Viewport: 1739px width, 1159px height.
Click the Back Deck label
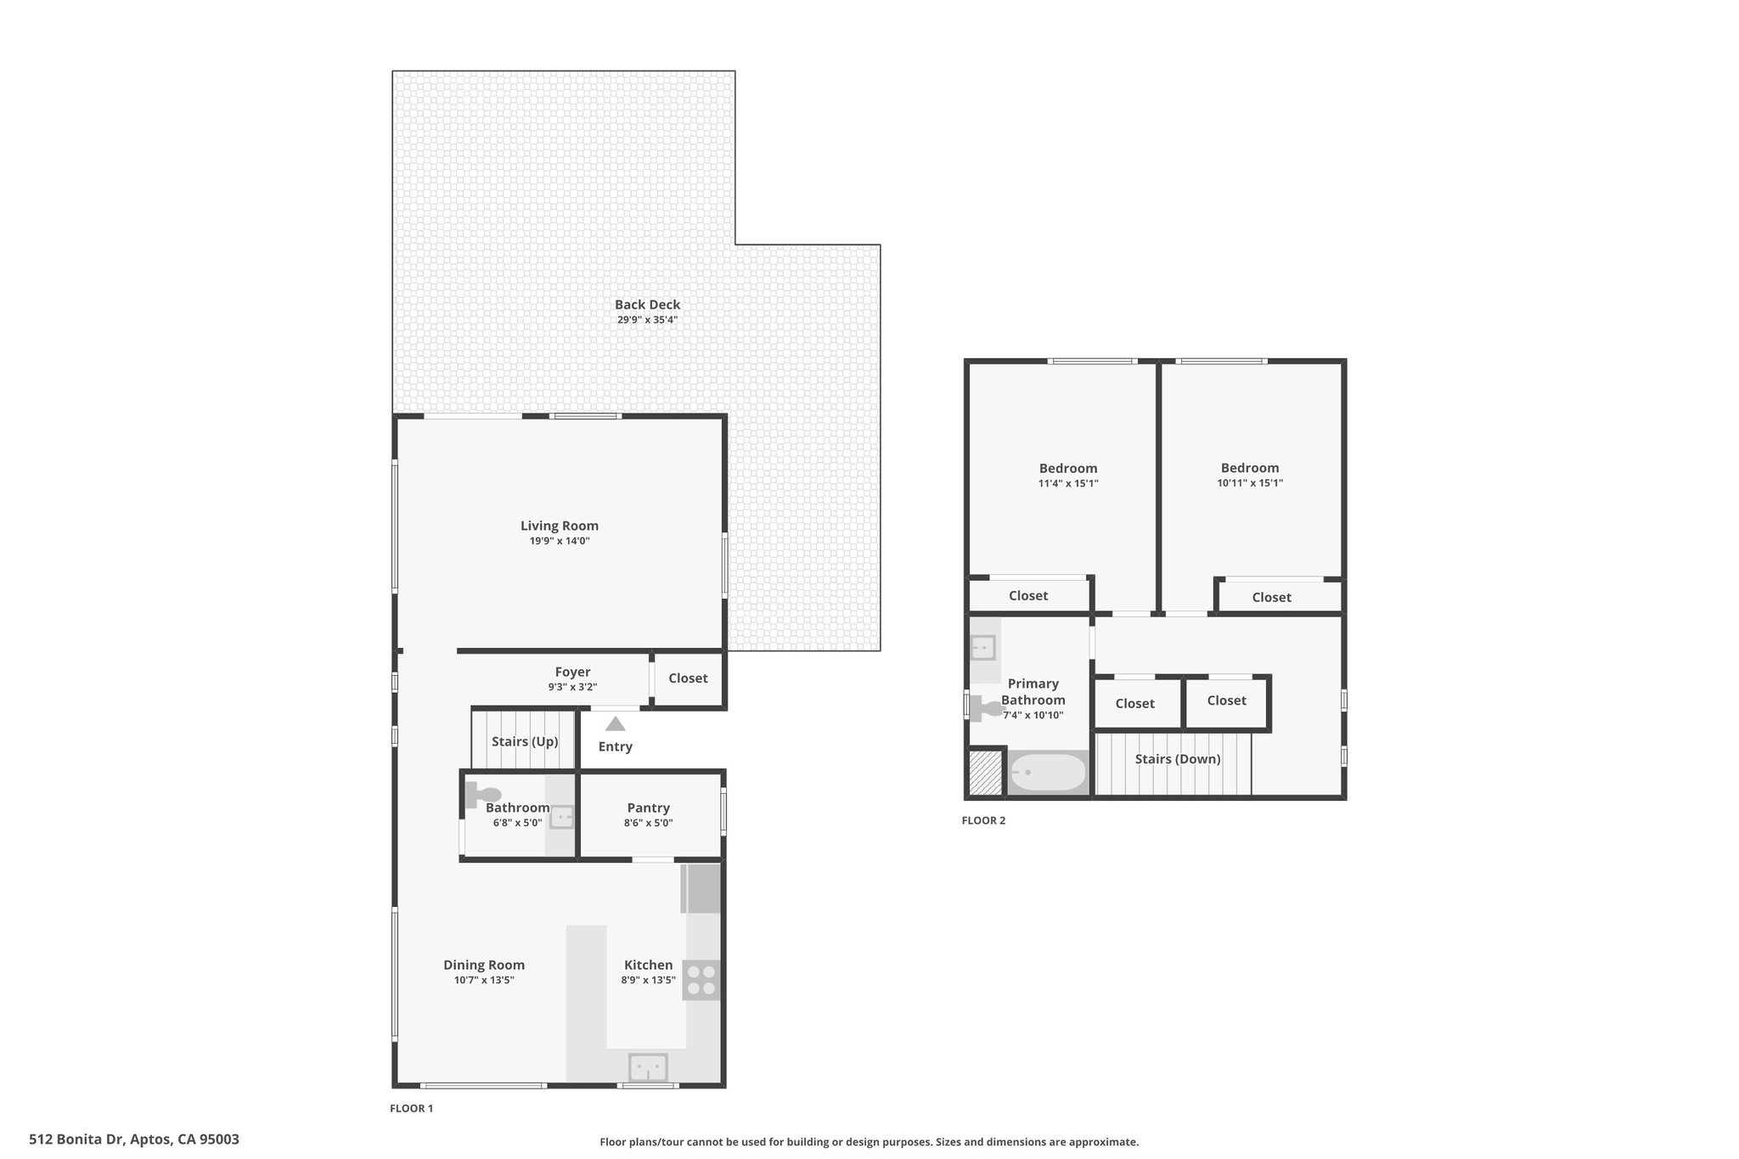[647, 305]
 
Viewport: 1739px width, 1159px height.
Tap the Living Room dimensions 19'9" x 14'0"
[560, 541]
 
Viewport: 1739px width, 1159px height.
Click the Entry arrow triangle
[616, 724]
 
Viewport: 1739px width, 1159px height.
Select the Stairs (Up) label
[525, 741]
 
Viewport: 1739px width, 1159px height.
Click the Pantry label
[649, 808]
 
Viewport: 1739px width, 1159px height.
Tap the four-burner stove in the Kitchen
[702, 980]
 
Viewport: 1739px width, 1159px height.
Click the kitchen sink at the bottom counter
[648, 1066]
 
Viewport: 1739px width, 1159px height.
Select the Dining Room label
[484, 965]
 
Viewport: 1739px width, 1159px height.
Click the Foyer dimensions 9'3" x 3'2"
[572, 687]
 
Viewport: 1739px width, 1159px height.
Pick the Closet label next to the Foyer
[688, 678]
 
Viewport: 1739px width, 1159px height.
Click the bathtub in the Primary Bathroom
[1048, 773]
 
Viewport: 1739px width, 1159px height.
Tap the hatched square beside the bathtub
[986, 773]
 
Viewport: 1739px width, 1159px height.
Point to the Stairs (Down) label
[1178, 759]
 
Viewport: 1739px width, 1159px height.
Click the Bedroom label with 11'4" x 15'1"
[1068, 469]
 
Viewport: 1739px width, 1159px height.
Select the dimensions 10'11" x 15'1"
[1250, 483]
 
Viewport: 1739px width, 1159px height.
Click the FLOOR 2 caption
[983, 821]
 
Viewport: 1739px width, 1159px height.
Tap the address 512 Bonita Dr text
[77, 1139]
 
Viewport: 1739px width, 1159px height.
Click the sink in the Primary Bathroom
[983, 649]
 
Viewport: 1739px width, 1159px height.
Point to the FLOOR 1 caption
[412, 1109]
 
